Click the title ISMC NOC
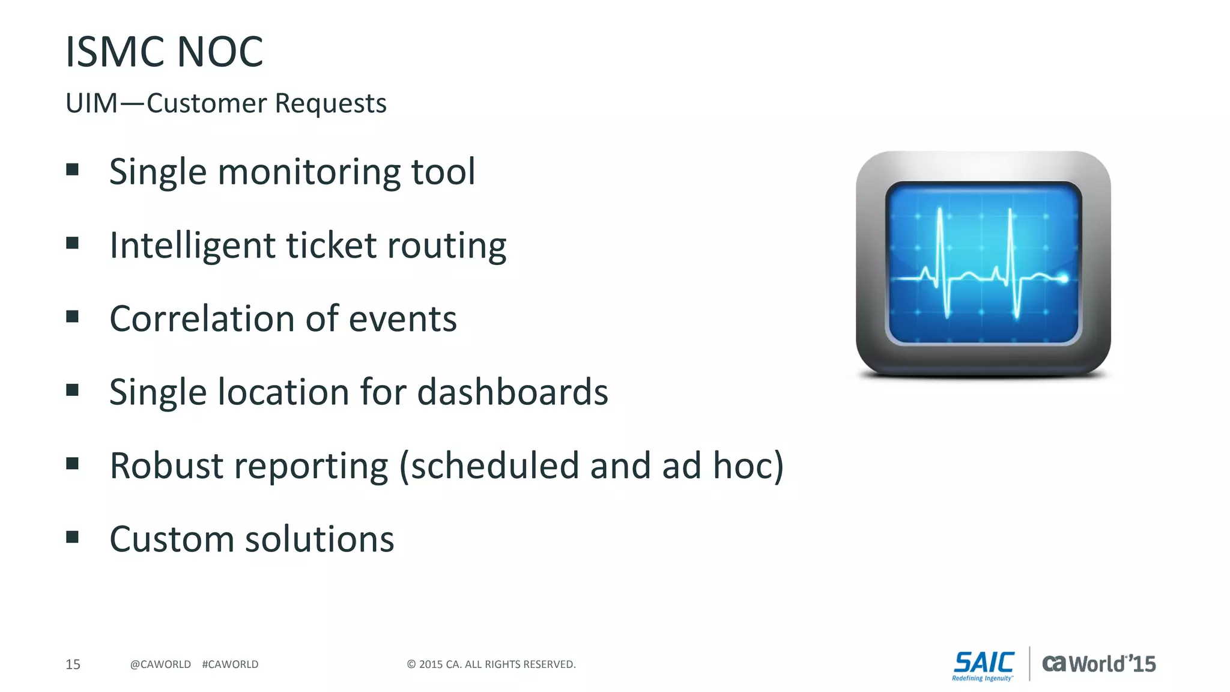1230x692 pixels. pyautogui.click(x=164, y=52)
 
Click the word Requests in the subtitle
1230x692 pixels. pyautogui.click(x=330, y=103)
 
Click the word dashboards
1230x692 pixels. pyautogui.click(x=512, y=392)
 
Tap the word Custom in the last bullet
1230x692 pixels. pyautogui.click(x=171, y=539)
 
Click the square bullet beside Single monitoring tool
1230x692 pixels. pyautogui.click(x=73, y=169)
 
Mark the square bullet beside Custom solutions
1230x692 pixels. pyautogui.click(x=73, y=536)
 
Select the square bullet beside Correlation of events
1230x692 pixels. pyautogui.click(x=73, y=317)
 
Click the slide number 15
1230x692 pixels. pyautogui.click(x=73, y=664)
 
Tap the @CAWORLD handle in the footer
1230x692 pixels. pyautogui.click(x=160, y=664)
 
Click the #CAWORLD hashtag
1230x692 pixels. pyautogui.click(x=230, y=664)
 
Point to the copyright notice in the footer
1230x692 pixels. pyautogui.click(x=491, y=664)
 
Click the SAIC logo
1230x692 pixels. pyautogui.click(x=983, y=665)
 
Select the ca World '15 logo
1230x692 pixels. pyautogui.click(x=1098, y=664)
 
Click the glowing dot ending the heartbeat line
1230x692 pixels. pyautogui.click(x=1063, y=278)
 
